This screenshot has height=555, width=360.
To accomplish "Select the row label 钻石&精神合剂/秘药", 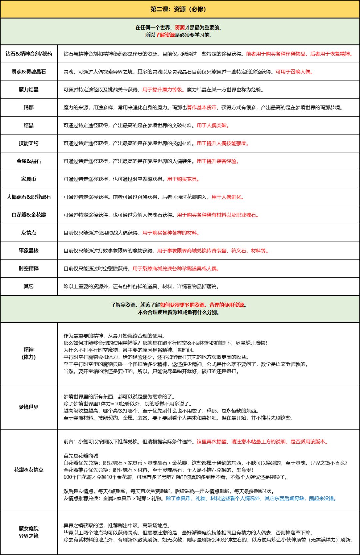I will tap(29, 54).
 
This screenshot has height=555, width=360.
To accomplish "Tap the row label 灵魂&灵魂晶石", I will tap(29, 72).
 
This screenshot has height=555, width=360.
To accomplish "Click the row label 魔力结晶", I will tap(29, 90).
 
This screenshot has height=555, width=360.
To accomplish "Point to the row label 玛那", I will tap(29, 107).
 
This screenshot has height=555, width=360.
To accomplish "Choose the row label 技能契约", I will tap(29, 143).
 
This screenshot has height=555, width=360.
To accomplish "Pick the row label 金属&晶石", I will tap(29, 161).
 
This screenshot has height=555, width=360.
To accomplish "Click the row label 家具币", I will tap(29, 179).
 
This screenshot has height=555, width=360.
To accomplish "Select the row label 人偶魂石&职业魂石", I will tap(29, 197).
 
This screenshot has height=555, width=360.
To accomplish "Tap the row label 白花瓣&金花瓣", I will tap(29, 215).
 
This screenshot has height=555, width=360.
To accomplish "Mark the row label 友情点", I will tap(29, 233).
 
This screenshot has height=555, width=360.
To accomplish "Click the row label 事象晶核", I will tap(29, 251).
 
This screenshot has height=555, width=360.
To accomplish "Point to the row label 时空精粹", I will tap(29, 269).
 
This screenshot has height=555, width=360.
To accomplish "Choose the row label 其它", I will tap(29, 286).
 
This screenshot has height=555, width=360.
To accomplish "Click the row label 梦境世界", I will tap(29, 407).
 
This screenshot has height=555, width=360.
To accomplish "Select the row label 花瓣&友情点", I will tap(29, 470).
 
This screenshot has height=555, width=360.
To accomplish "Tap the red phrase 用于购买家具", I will tap(183, 179).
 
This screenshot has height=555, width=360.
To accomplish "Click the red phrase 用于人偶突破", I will tap(212, 126).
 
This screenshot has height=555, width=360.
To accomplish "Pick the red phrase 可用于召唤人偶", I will tap(294, 72).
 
